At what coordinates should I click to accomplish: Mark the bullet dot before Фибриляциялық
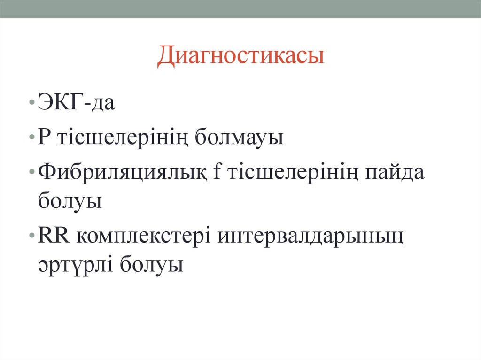(31, 174)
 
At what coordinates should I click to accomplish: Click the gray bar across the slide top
(240, 9)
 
